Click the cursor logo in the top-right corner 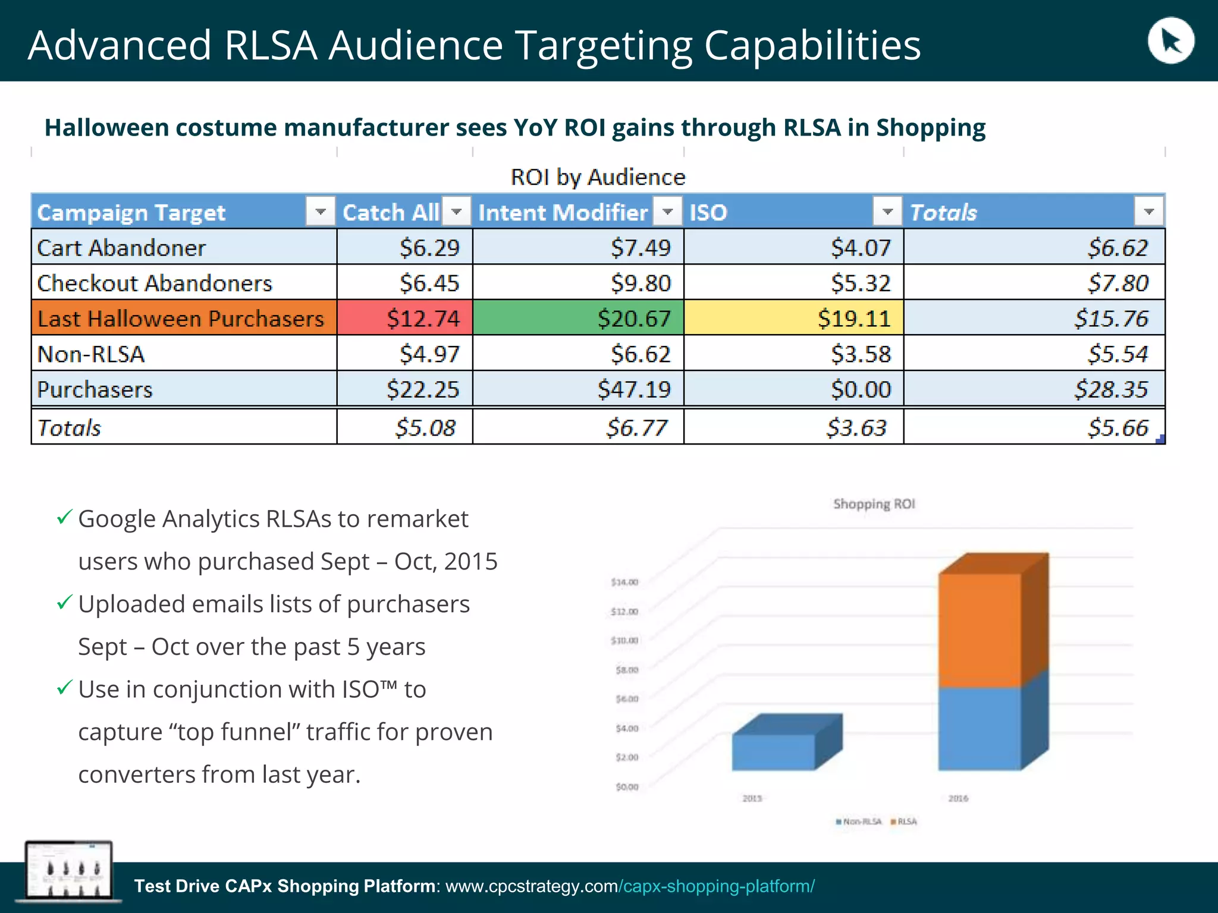1170,40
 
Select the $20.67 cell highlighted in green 577,318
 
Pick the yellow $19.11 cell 793,318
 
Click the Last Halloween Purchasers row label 181,319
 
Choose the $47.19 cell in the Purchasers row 634,389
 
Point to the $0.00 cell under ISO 861,389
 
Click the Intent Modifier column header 563,212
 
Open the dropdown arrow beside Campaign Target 321,212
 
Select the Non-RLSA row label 91,354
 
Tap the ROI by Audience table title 598,177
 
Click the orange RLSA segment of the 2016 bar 980,630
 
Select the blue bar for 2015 773,752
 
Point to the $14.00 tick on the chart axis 624,582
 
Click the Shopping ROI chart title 874,504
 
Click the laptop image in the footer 68,870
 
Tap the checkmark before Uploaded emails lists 64,603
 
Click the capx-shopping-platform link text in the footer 717,886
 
